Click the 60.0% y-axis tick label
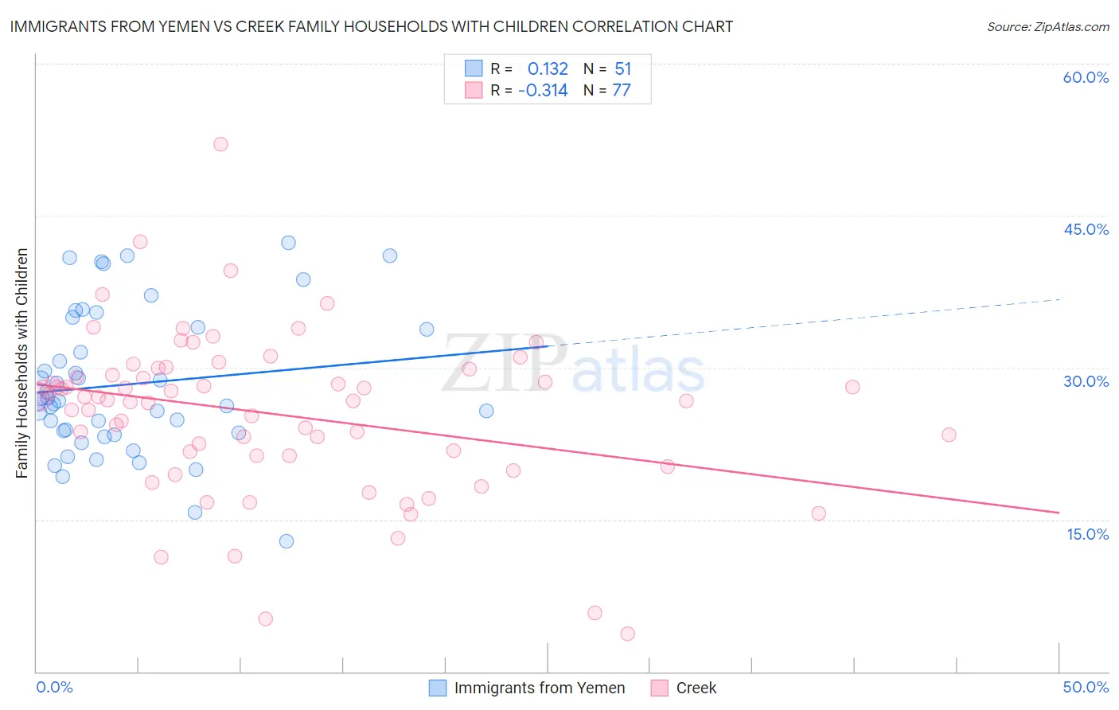tap(1086, 77)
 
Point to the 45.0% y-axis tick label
tap(1086, 229)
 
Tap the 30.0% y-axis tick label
tap(1086, 381)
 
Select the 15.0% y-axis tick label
tap(1087, 534)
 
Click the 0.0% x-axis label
tap(54, 687)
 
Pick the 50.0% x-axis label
tap(1086, 687)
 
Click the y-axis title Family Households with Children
tap(21, 363)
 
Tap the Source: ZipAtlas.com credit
tap(1047, 26)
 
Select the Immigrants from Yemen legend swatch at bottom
tap(438, 688)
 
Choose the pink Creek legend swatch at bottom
tap(659, 688)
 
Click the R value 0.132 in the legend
tap(548, 69)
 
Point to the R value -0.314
tap(543, 91)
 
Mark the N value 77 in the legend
tap(621, 91)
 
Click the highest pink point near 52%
tap(220, 144)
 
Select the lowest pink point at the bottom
tap(627, 634)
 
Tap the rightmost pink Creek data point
tap(949, 435)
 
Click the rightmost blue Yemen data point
tap(486, 411)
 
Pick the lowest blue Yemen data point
tap(287, 541)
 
